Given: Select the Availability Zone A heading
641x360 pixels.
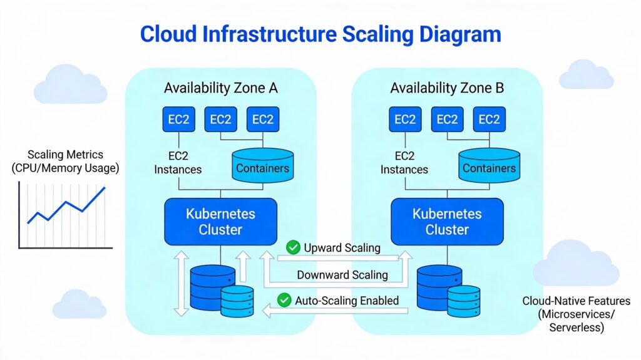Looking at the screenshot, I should click(x=220, y=88).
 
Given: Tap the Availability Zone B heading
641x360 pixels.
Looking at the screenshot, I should click(x=447, y=88).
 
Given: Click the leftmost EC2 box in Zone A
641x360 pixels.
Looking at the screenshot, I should click(x=179, y=120).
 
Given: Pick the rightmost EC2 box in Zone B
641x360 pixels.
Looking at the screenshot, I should click(x=490, y=120).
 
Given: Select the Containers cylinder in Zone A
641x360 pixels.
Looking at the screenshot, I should click(x=262, y=165).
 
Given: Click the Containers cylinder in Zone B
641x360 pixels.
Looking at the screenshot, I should click(x=489, y=165).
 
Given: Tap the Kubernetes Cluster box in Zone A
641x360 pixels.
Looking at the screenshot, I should click(x=220, y=222).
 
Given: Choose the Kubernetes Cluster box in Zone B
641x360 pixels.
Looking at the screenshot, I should click(x=447, y=222).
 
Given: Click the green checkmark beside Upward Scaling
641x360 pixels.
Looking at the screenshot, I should click(x=292, y=248).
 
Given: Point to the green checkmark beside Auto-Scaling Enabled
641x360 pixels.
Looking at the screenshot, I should click(x=284, y=301).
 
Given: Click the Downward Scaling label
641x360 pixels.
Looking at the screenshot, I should click(x=342, y=275).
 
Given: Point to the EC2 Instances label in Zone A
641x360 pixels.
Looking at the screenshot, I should click(x=178, y=163).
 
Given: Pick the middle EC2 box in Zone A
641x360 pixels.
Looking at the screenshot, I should click(x=220, y=120).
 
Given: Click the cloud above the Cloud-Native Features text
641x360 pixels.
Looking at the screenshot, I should click(x=574, y=263).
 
